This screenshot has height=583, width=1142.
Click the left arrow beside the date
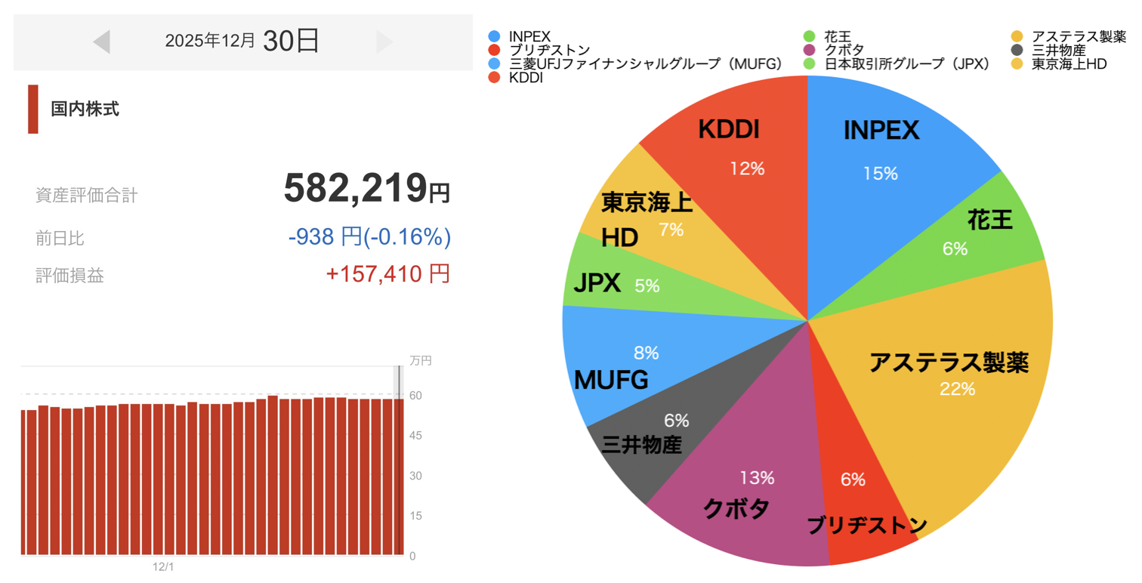click(x=102, y=42)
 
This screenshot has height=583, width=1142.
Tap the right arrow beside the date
click(x=384, y=42)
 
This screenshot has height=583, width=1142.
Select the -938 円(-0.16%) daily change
click(x=369, y=237)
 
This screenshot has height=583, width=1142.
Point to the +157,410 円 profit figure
click(x=387, y=274)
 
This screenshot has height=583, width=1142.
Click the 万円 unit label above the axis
click(x=420, y=361)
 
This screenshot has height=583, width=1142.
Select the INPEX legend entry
click(x=529, y=36)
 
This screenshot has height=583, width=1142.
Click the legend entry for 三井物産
click(x=1058, y=51)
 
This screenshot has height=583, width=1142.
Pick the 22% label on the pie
click(x=957, y=390)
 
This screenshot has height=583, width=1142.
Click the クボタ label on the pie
click(x=736, y=508)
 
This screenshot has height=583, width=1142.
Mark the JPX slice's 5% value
click(x=647, y=286)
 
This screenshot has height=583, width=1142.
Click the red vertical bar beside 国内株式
click(x=32, y=110)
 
